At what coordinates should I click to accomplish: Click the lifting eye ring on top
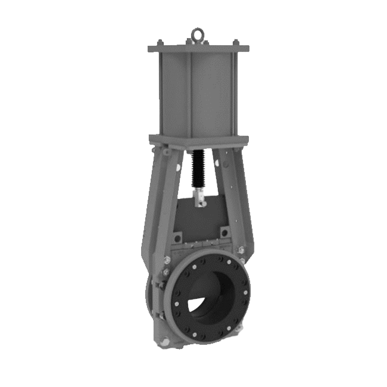[198, 34]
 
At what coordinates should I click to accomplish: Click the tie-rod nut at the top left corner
[160, 42]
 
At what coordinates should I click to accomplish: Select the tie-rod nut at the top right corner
[236, 42]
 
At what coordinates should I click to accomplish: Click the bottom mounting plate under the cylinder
[198, 140]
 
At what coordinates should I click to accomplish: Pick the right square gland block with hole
[225, 232]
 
